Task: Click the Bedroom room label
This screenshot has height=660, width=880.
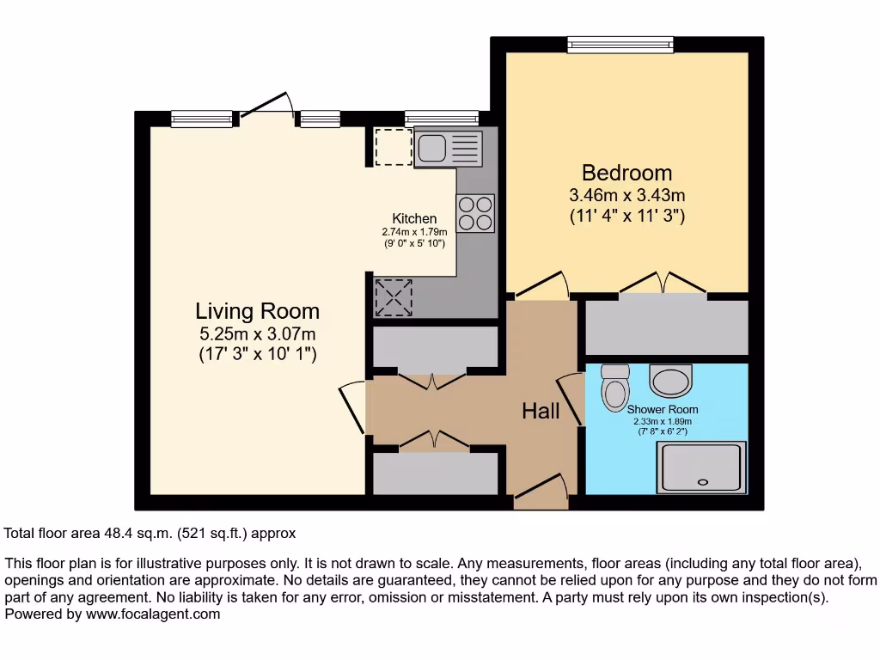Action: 626,172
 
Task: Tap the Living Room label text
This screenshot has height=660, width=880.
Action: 257,311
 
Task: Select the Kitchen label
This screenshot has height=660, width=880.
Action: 414,218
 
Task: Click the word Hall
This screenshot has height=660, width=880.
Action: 541,412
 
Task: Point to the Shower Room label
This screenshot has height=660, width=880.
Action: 662,410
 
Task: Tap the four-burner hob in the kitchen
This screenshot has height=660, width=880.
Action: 475,213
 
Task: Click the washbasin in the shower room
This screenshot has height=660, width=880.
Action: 670,378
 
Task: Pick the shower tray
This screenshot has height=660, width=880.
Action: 701,468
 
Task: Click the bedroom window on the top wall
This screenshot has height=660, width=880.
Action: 620,44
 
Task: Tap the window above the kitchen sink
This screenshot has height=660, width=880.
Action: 441,119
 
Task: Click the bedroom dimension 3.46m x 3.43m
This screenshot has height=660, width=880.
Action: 626,195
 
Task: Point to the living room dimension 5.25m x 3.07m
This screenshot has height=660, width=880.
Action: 257,333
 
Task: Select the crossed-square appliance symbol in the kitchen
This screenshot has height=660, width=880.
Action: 394,297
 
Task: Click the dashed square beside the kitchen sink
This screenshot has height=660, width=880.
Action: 394,146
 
